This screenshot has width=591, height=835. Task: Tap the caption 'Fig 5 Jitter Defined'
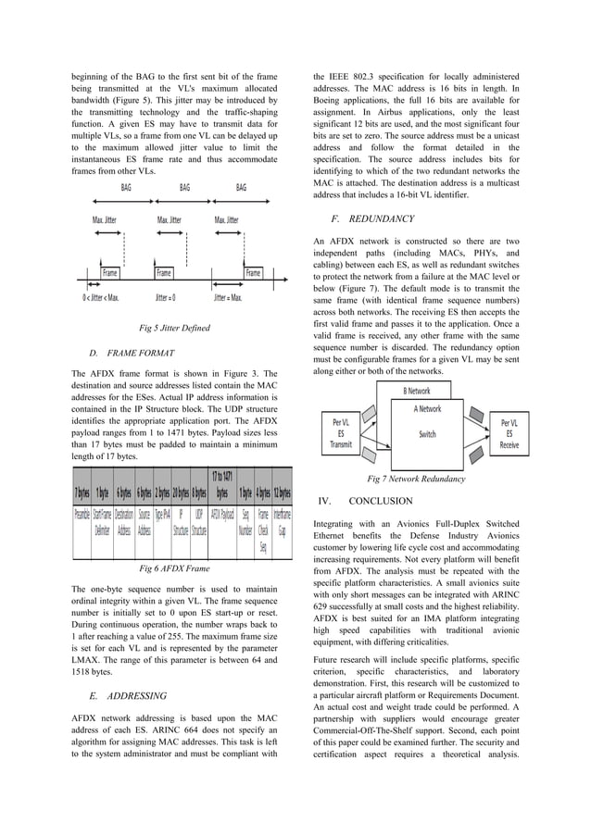(x=174, y=328)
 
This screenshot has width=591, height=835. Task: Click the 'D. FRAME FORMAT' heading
(x=131, y=354)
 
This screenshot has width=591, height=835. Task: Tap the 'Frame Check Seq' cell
(x=264, y=530)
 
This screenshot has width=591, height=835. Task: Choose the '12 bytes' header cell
(x=283, y=493)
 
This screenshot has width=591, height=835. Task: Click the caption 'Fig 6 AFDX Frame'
(x=174, y=568)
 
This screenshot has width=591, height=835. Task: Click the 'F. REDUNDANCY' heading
(x=372, y=219)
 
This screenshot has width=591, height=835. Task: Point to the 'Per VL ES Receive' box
(x=509, y=433)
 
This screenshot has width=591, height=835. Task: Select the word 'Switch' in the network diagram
(x=427, y=433)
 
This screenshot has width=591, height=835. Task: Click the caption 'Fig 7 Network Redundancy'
(x=416, y=479)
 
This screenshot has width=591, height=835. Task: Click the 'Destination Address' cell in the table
(x=123, y=522)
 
